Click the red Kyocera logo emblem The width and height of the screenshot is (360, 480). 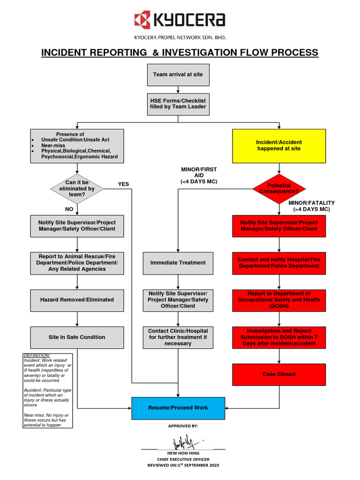[x=142, y=20]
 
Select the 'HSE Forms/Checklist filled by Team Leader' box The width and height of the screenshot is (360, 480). [x=178, y=104]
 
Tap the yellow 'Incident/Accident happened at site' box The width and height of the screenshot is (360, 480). [x=279, y=145]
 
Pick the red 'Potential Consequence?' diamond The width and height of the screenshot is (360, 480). [x=279, y=189]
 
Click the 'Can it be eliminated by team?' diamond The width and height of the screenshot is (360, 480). [x=77, y=188]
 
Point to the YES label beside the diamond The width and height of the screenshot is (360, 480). [x=123, y=184]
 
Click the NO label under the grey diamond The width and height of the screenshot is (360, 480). [x=69, y=210]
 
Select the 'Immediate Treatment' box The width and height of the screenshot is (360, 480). [x=178, y=263]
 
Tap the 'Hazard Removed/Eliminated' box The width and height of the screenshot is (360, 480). [x=77, y=300]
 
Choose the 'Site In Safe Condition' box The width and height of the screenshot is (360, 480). [x=77, y=337]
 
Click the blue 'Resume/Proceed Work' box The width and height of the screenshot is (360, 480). [x=178, y=408]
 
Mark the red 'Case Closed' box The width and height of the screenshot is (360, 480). [x=279, y=375]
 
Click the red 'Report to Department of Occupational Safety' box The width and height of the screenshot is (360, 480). [x=279, y=300]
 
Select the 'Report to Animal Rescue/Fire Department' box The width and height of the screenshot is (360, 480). [x=77, y=263]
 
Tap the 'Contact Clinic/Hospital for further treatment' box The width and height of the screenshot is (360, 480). [x=178, y=337]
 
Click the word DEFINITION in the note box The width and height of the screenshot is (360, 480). [x=37, y=355]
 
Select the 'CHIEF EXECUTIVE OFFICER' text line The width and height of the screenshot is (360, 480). [x=183, y=459]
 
